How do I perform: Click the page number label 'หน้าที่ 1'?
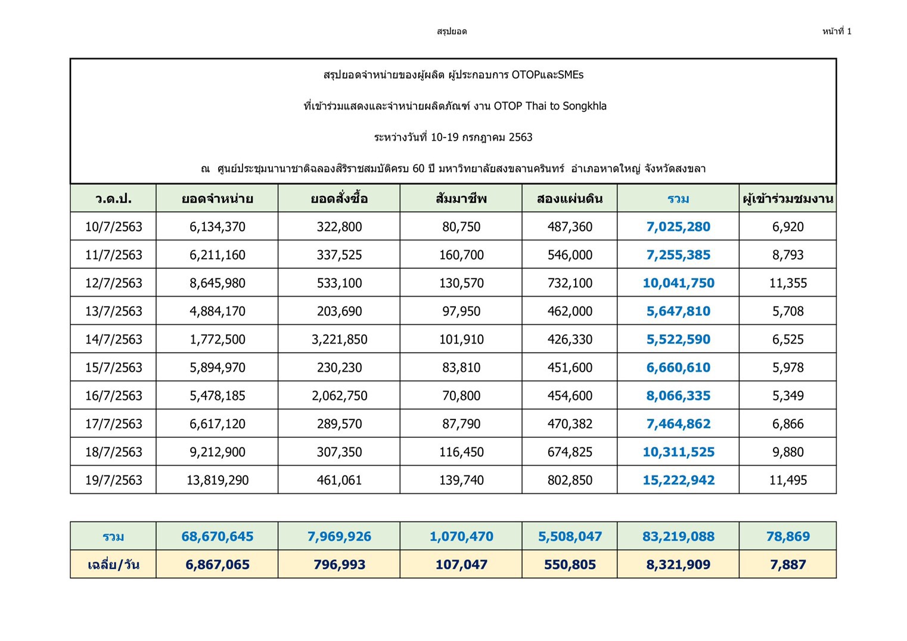(837, 32)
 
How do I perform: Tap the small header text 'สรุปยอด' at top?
(452, 32)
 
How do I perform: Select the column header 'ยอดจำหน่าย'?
(217, 199)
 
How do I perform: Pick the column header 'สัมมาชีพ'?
(461, 199)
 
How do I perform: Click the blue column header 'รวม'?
(678, 199)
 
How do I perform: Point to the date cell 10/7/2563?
(113, 227)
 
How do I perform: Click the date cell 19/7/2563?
(113, 480)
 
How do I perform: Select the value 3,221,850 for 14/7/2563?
(339, 340)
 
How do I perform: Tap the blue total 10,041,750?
(678, 283)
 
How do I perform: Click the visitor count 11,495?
(788, 480)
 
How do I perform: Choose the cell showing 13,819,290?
(217, 480)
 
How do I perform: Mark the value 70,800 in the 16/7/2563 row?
(461, 396)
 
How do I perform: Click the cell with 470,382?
(570, 424)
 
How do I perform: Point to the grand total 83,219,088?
(678, 537)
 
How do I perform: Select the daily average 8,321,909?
(678, 565)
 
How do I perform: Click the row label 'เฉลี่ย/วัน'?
(113, 565)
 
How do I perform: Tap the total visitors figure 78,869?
(788, 537)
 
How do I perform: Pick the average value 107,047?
(461, 565)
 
